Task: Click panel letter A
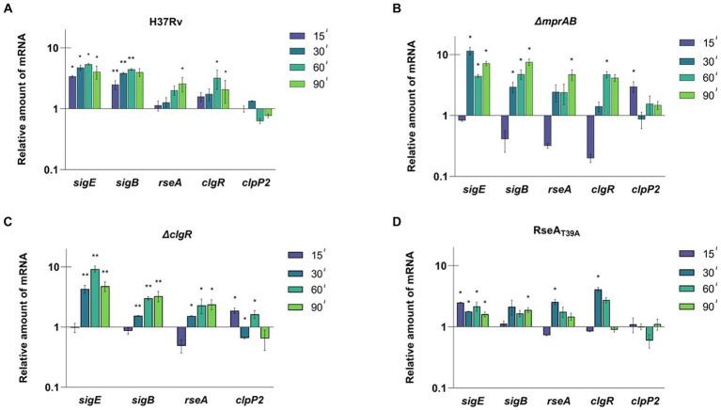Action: point(8,8)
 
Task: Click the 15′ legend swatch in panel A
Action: point(301,40)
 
